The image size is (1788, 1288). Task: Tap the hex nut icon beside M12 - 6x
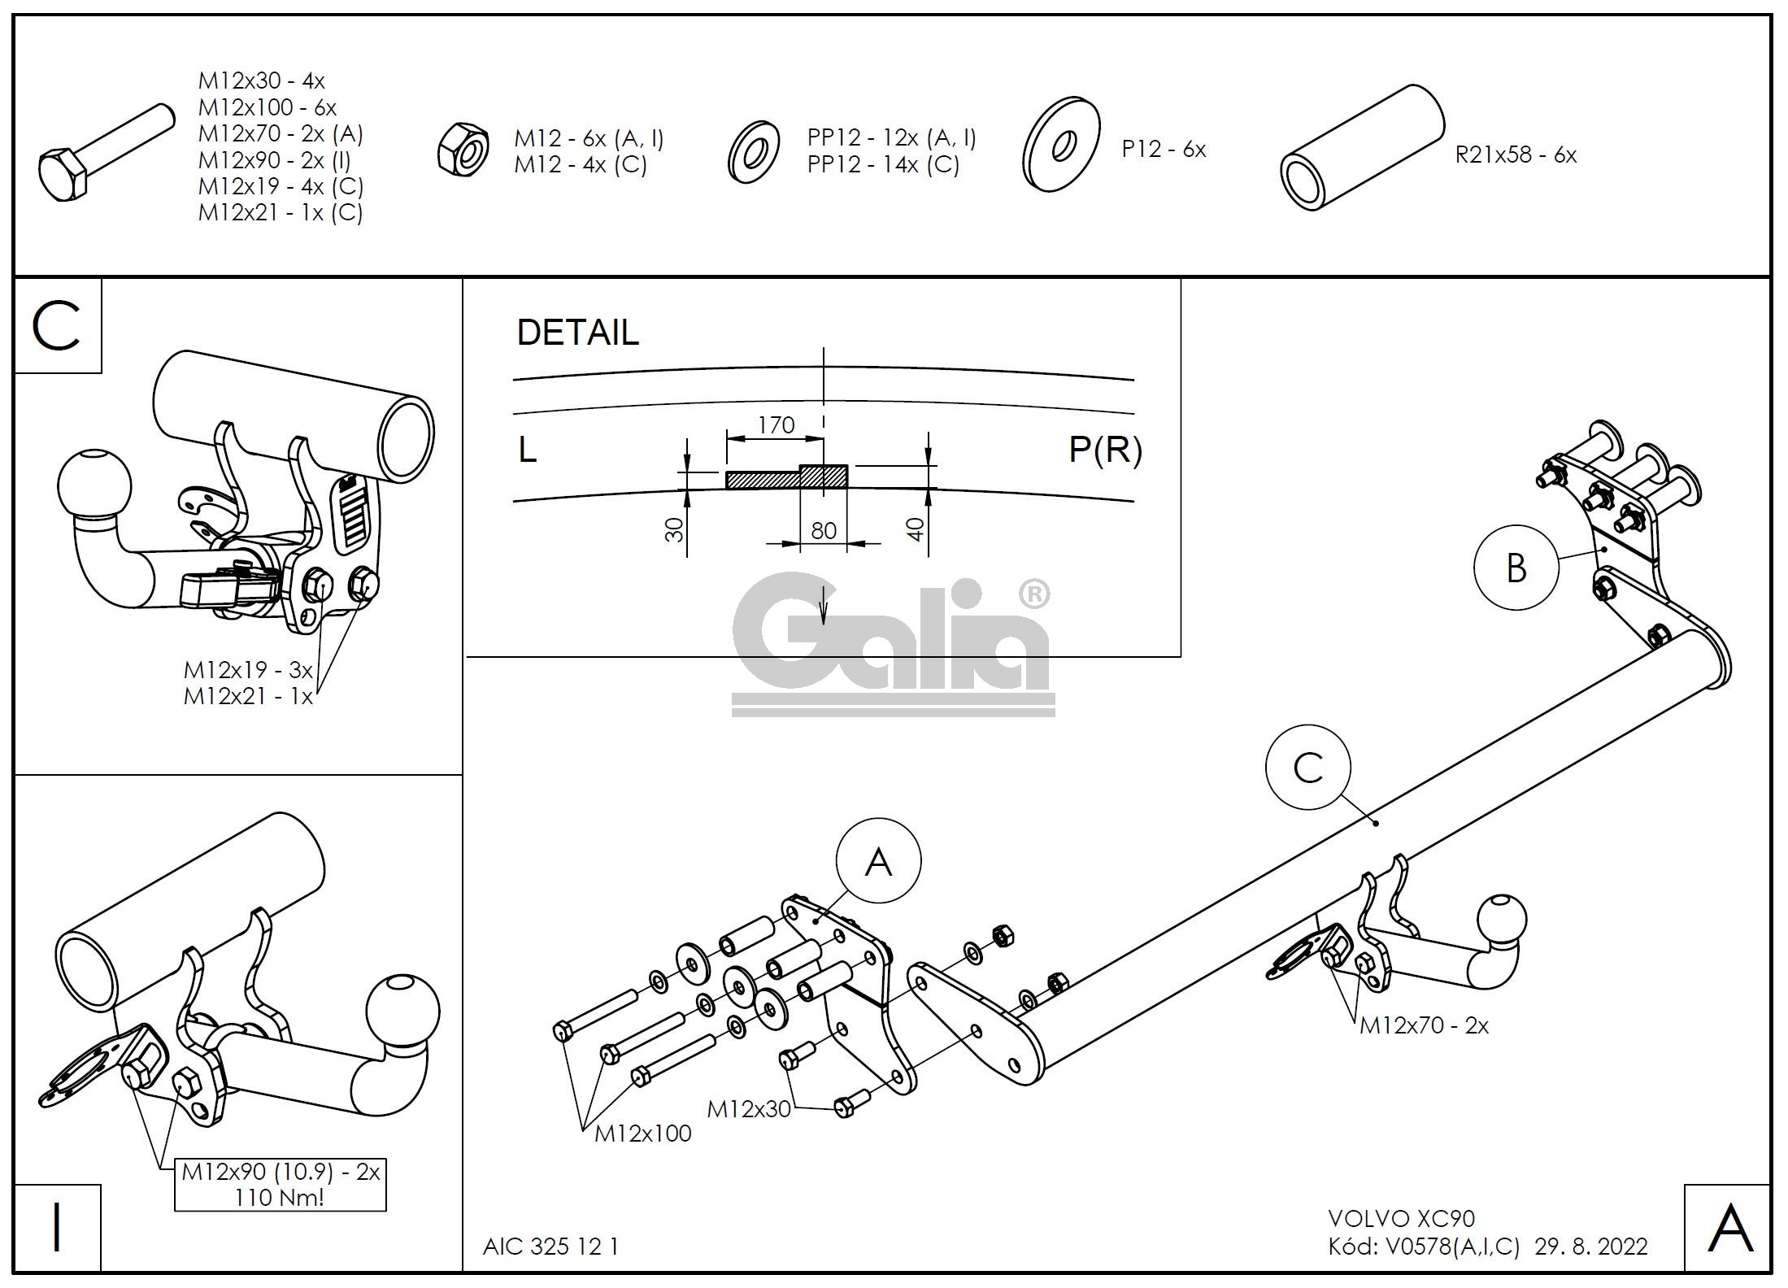click(x=463, y=147)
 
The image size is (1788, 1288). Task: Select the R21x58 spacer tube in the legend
click(x=1362, y=149)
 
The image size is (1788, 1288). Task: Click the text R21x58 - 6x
click(x=1515, y=154)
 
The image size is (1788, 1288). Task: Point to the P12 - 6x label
click(x=1164, y=150)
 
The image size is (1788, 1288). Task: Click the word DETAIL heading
click(x=578, y=333)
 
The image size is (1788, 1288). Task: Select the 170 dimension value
click(x=776, y=424)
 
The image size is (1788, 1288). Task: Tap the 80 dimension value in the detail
click(x=823, y=531)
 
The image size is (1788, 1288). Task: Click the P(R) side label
click(x=1105, y=450)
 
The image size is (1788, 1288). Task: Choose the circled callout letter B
click(x=1516, y=568)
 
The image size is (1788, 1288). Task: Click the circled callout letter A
click(x=879, y=861)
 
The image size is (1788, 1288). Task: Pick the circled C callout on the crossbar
click(x=1307, y=768)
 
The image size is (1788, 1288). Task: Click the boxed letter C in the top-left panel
click(x=57, y=326)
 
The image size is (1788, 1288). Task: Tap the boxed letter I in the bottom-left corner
click(x=57, y=1228)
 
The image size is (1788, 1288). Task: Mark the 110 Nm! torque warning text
click(x=279, y=1198)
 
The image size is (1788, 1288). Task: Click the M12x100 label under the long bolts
click(x=642, y=1134)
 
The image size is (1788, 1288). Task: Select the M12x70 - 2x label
click(x=1424, y=1026)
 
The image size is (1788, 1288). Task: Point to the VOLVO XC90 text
click(x=1401, y=1219)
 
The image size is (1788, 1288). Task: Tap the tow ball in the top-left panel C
click(x=94, y=485)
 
